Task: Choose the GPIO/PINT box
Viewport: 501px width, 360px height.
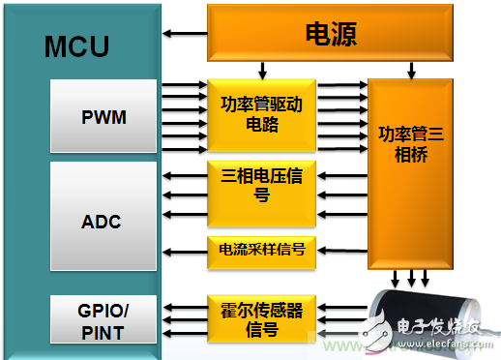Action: [x=102, y=320]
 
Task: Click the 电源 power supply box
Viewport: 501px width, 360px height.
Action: [x=331, y=35]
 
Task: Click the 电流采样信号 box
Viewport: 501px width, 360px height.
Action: [x=260, y=250]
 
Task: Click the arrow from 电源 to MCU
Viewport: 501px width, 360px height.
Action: [x=184, y=35]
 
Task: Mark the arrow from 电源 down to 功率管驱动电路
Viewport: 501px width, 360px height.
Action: [x=261, y=71]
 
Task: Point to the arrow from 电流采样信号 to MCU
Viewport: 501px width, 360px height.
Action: [x=184, y=250]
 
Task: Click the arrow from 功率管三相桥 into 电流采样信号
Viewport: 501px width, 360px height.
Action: [x=340, y=250]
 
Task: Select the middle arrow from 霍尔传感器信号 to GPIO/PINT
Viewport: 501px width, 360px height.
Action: [x=184, y=320]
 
